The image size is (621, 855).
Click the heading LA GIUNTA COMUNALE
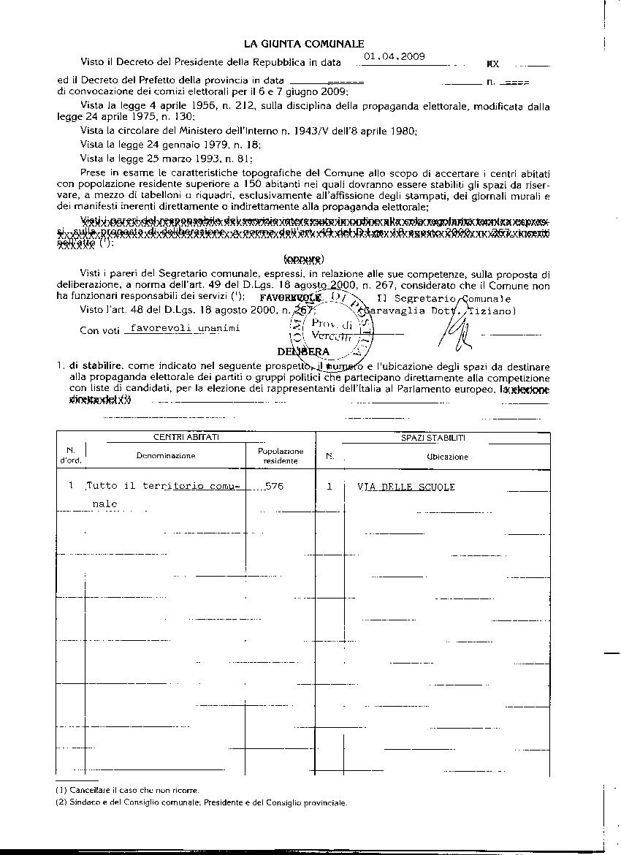click(x=304, y=45)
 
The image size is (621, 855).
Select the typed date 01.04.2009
click(x=395, y=56)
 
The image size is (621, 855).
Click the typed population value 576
click(x=275, y=486)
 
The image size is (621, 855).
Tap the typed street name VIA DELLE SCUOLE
click(x=406, y=487)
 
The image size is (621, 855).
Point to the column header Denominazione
click(x=166, y=456)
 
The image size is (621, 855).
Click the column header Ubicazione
click(x=447, y=457)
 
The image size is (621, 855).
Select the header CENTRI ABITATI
click(x=186, y=438)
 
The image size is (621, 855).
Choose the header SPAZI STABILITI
click(x=433, y=438)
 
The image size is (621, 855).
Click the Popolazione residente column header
click(x=281, y=456)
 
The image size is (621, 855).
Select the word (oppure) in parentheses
click(x=304, y=259)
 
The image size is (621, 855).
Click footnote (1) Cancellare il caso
click(x=127, y=790)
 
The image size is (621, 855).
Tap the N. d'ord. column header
click(x=71, y=455)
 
